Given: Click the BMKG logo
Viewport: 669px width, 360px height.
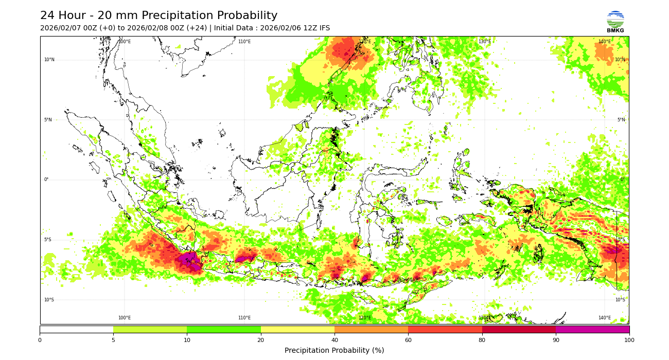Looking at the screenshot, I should pos(615,22).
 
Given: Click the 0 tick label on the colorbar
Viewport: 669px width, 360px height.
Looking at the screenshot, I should pos(40,340).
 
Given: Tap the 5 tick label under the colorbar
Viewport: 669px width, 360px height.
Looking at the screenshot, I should pos(113,340).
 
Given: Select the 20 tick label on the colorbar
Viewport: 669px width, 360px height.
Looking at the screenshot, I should pos(261,340).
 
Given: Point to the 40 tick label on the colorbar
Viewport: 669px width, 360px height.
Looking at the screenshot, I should pos(334,340).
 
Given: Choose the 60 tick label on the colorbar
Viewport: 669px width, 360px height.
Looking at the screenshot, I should pos(408,340).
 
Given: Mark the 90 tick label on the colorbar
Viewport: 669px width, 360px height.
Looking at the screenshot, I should pos(556,340).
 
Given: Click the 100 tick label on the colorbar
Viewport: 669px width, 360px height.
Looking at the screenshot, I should pos(629,340).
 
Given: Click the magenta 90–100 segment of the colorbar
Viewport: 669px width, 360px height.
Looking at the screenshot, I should pos(592,329).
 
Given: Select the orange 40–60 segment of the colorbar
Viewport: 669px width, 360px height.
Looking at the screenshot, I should pos(371,329).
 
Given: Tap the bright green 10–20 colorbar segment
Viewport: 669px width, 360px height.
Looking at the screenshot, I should pos(224,329).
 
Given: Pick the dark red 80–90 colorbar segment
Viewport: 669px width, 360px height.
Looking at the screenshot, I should pos(519,329).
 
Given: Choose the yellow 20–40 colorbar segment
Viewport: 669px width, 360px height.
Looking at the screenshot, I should pos(297,329).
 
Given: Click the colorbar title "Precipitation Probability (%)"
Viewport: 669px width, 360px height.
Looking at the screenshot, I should pos(334,351).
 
